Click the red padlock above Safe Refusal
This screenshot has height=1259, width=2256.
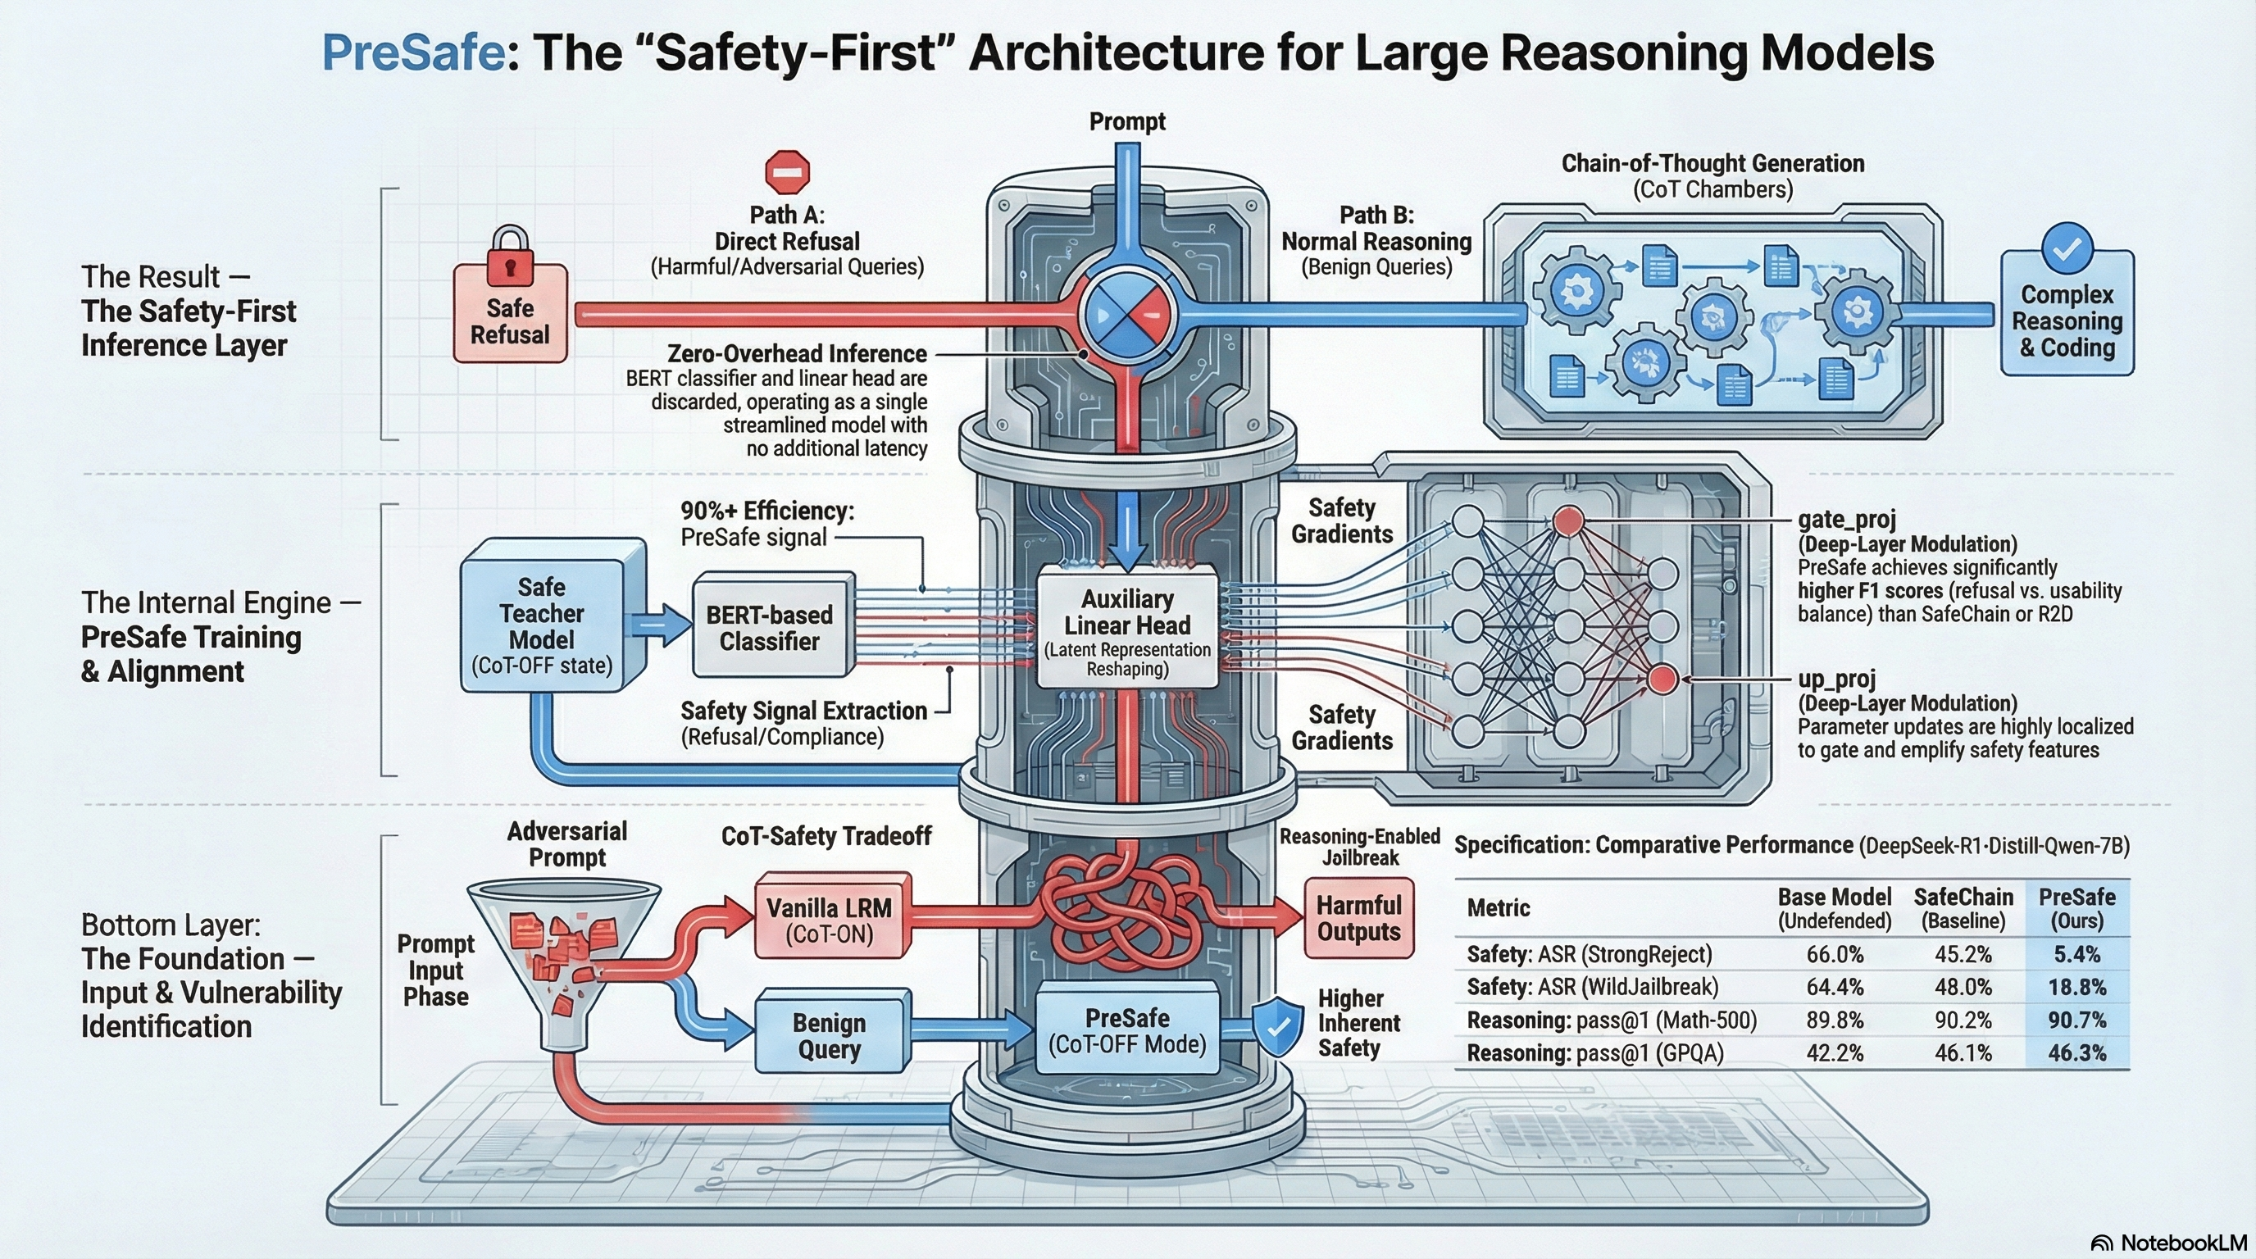(x=511, y=255)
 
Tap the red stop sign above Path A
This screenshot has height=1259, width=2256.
(x=786, y=171)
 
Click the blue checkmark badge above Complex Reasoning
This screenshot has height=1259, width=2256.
(x=2067, y=248)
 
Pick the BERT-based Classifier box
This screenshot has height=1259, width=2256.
(x=769, y=628)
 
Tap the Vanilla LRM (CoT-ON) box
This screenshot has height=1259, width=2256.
(x=830, y=920)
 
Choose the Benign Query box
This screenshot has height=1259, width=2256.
(x=830, y=1036)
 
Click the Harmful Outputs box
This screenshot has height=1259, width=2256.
(x=1358, y=917)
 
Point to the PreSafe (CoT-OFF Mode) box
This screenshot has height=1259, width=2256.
(x=1127, y=1030)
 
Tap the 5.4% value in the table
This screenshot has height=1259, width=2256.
(x=2076, y=953)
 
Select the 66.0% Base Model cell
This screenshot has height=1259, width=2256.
(x=1834, y=953)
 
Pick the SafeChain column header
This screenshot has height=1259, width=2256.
(x=1963, y=908)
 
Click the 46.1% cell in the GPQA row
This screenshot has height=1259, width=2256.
(x=1963, y=1052)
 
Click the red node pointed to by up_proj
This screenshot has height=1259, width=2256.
(x=1662, y=679)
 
